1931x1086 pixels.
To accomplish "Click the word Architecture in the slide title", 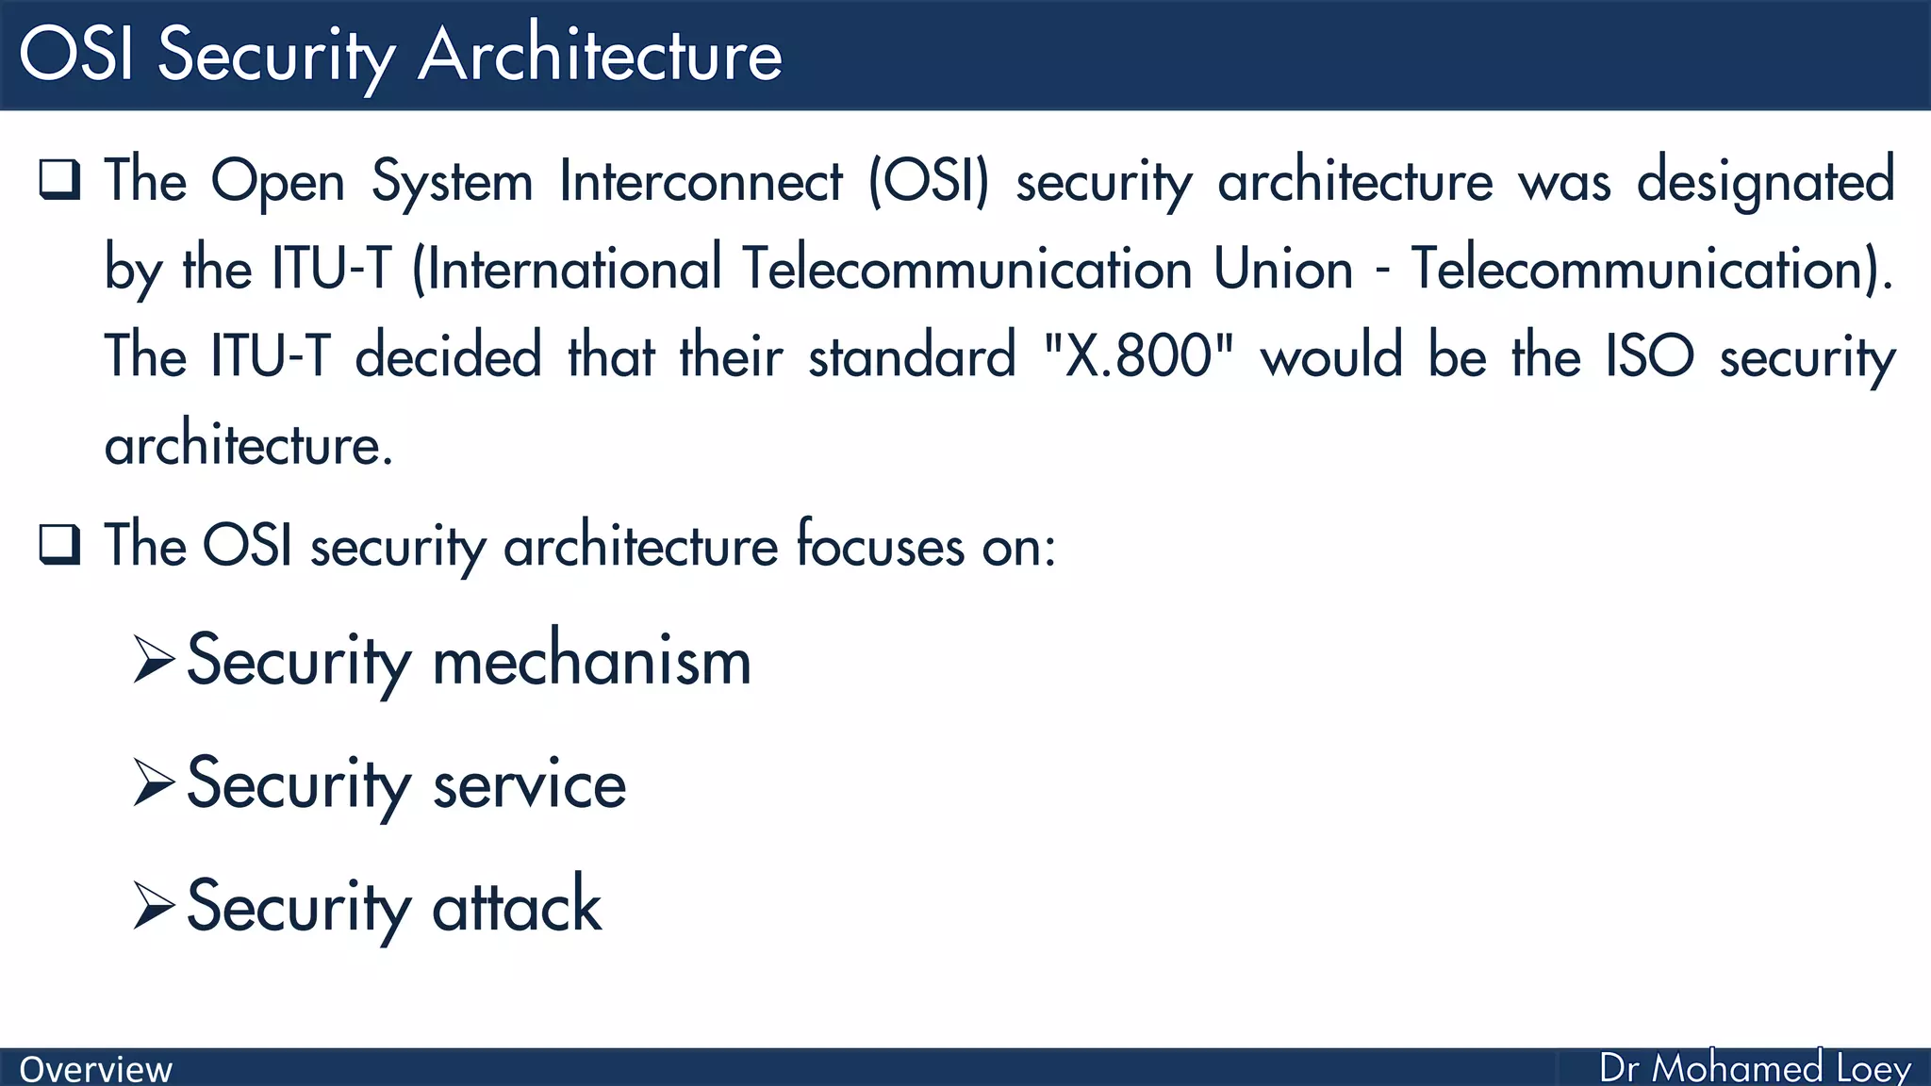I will pyautogui.click(x=600, y=55).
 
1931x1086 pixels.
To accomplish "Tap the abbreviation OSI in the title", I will pyautogui.click(x=76, y=55).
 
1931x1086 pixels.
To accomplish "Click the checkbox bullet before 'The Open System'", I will pyautogui.click(x=59, y=179).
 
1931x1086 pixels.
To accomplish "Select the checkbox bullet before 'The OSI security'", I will pyautogui.click(x=59, y=544).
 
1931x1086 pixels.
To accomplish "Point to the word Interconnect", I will pyautogui.click(x=701, y=181).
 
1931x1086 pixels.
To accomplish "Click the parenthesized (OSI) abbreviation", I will pyautogui.click(x=929, y=181).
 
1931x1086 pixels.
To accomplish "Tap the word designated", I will pyautogui.click(x=1765, y=181).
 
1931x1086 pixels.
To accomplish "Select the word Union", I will pyautogui.click(x=1283, y=269).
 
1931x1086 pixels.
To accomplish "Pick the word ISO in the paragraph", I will pyautogui.click(x=1650, y=356).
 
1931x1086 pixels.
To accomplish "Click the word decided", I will pyautogui.click(x=448, y=356).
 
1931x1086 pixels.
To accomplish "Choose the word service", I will pyautogui.click(x=529, y=784).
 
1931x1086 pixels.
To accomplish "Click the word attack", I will pyautogui.click(x=517, y=906).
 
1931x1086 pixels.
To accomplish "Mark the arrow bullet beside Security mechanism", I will pyautogui.click(x=154, y=659).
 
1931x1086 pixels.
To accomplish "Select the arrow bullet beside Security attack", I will pyautogui.click(x=154, y=905).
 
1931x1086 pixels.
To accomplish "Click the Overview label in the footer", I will pyautogui.click(x=95, y=1069).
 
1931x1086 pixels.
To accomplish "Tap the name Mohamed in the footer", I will pyautogui.click(x=1737, y=1068).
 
